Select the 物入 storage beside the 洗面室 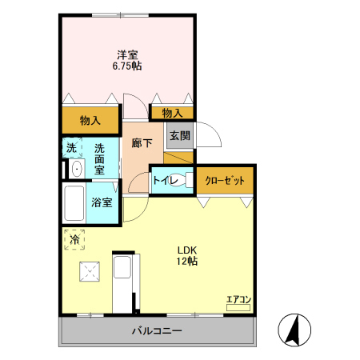tap(90, 121)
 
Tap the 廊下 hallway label tap(142, 143)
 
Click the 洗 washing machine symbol tap(72, 148)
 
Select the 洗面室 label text tap(100, 158)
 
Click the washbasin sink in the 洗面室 tap(76, 168)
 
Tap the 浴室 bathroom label tap(102, 203)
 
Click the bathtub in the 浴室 tap(76, 204)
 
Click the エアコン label tap(238, 300)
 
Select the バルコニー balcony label tap(158, 330)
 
